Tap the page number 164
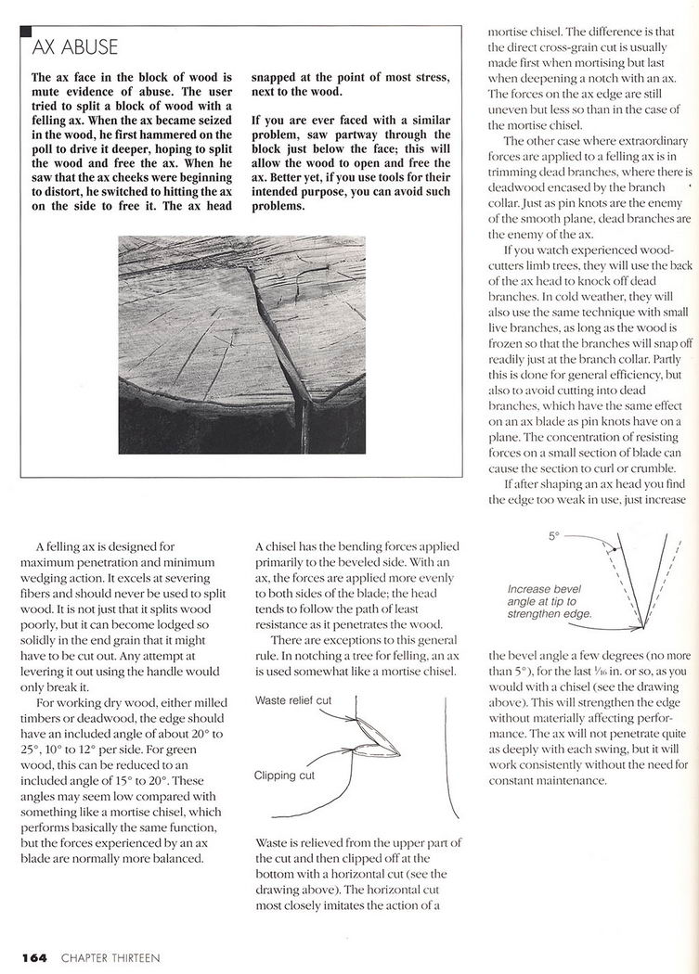coord(35,955)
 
